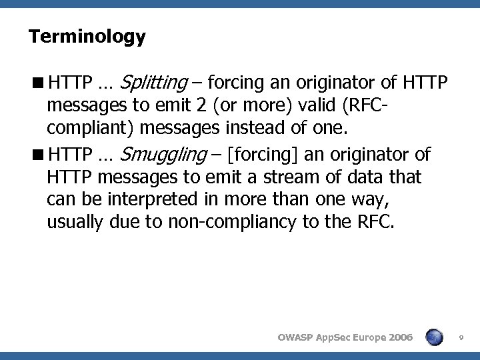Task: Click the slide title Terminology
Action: coord(87,37)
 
